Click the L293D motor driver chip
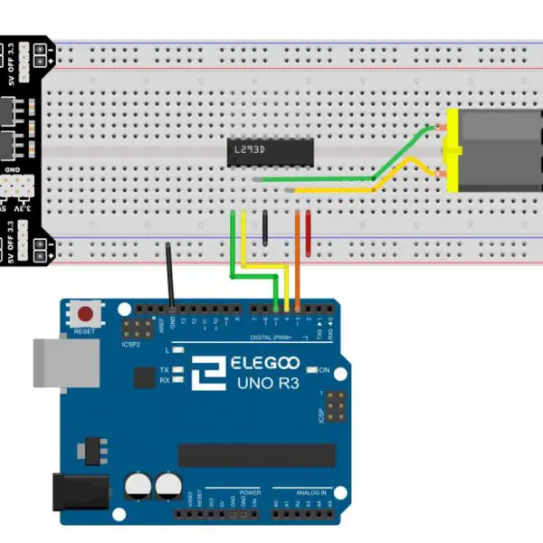pyautogui.click(x=270, y=151)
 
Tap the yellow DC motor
pyautogui.click(x=494, y=150)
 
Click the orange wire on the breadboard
pyautogui.click(x=298, y=244)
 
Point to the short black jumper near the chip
pyautogui.click(x=265, y=228)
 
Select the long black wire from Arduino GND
pyautogui.click(x=170, y=276)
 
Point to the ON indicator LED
pyautogui.click(x=311, y=369)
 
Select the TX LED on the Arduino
pyautogui.click(x=179, y=370)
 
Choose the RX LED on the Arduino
pyautogui.click(x=179, y=380)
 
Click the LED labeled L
pyautogui.click(x=179, y=349)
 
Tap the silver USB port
pyautogui.click(x=65, y=362)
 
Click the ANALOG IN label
pyautogui.click(x=310, y=492)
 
